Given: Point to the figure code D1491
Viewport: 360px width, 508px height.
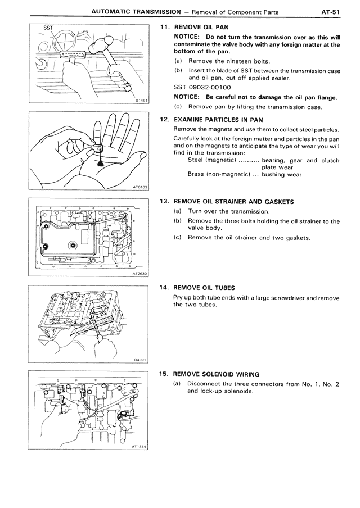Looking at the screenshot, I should (142, 101).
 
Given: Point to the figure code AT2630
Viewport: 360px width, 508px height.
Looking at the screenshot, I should (140, 274).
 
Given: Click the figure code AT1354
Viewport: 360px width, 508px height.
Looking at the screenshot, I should (140, 447).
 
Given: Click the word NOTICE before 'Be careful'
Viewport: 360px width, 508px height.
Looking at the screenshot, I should (188, 97).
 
